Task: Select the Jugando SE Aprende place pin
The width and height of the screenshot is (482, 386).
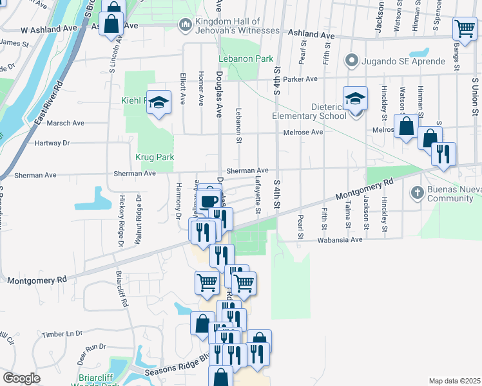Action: click(351, 61)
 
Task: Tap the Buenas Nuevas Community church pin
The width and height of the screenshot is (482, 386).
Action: click(417, 192)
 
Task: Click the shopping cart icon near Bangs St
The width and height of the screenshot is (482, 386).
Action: click(464, 28)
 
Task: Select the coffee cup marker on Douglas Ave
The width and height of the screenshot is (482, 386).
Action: click(208, 201)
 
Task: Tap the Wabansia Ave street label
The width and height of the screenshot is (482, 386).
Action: click(340, 240)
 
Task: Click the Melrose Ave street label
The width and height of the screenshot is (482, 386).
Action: click(303, 133)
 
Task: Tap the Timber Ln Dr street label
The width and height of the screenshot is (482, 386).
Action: click(63, 334)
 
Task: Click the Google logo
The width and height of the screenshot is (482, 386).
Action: click(21, 378)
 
